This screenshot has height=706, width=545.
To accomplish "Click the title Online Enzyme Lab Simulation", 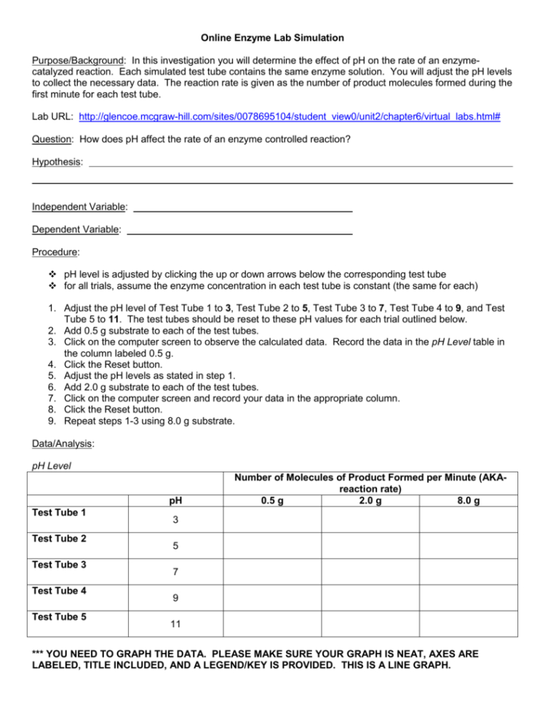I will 272,37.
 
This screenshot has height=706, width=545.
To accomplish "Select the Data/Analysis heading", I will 63,442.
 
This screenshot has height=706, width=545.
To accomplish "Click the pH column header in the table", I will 175,501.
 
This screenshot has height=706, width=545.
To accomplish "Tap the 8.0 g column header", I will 468,501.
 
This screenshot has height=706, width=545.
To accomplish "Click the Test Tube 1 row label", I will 59,513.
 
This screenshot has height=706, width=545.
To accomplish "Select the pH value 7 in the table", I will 175,572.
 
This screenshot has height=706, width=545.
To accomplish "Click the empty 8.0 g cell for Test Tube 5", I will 468,624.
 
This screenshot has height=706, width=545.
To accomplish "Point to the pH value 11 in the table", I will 175,624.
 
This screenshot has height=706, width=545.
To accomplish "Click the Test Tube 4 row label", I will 59,591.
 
